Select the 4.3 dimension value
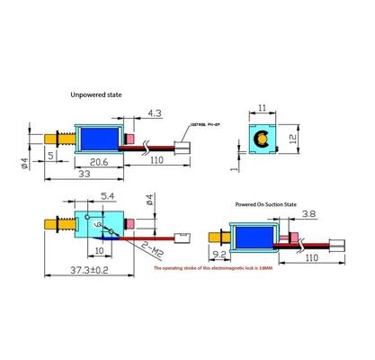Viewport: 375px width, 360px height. click(x=154, y=113)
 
